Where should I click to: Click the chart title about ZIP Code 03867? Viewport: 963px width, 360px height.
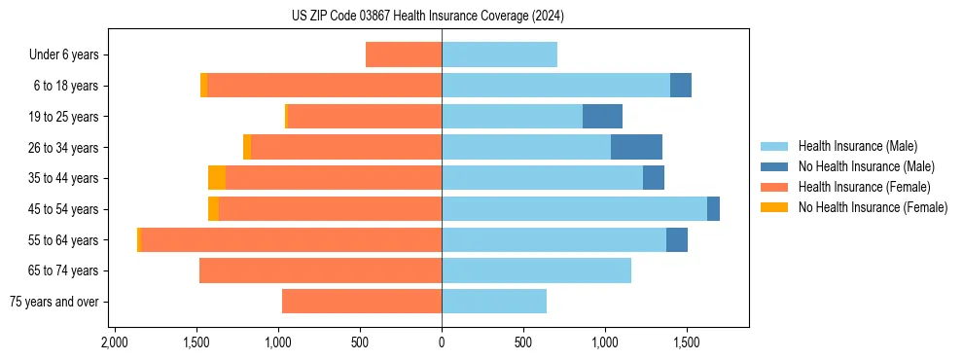[x=441, y=16]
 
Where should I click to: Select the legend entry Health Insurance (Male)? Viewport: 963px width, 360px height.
[x=857, y=145]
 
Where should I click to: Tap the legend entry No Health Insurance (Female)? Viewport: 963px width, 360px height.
[x=873, y=206]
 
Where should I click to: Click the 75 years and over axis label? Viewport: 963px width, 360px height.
[x=53, y=302]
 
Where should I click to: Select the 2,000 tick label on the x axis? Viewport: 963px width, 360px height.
[x=115, y=342]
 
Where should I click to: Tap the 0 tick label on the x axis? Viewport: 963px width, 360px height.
[x=442, y=342]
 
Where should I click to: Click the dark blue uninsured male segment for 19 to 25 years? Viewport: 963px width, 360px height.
[x=602, y=117]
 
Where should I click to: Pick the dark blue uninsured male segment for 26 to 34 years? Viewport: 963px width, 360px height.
[x=636, y=147]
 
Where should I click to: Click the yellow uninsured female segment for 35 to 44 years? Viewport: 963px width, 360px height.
[x=217, y=178]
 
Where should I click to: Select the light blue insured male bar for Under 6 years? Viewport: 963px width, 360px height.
[x=499, y=54]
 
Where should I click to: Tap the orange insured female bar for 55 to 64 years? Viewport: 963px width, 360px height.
[x=292, y=239]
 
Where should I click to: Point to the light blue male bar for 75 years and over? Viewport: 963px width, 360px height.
[x=494, y=302]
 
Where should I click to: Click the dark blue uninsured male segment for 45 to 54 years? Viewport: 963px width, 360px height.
[x=713, y=209]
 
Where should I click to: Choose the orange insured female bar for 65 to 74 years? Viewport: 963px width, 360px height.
[x=321, y=270]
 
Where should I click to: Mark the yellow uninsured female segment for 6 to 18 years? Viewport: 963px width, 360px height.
[x=203, y=86]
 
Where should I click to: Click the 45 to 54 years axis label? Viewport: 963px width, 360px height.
[x=63, y=209]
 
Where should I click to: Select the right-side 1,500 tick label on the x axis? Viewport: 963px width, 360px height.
[x=687, y=342]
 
